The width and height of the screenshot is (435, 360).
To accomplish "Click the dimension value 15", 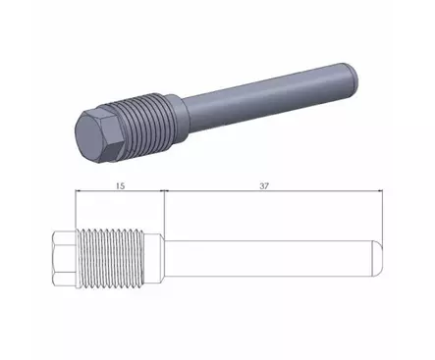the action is tap(120, 186).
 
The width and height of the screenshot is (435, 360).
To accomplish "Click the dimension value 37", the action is tap(264, 186).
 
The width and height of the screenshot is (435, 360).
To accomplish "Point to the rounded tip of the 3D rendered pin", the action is tap(353, 77).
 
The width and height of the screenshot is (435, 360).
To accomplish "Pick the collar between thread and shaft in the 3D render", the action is tap(178, 120).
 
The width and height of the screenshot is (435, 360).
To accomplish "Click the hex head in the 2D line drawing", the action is tap(64, 259).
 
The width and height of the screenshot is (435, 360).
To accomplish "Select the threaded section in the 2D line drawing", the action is tap(111, 259).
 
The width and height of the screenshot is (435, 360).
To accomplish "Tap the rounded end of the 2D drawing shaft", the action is tap(377, 259).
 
